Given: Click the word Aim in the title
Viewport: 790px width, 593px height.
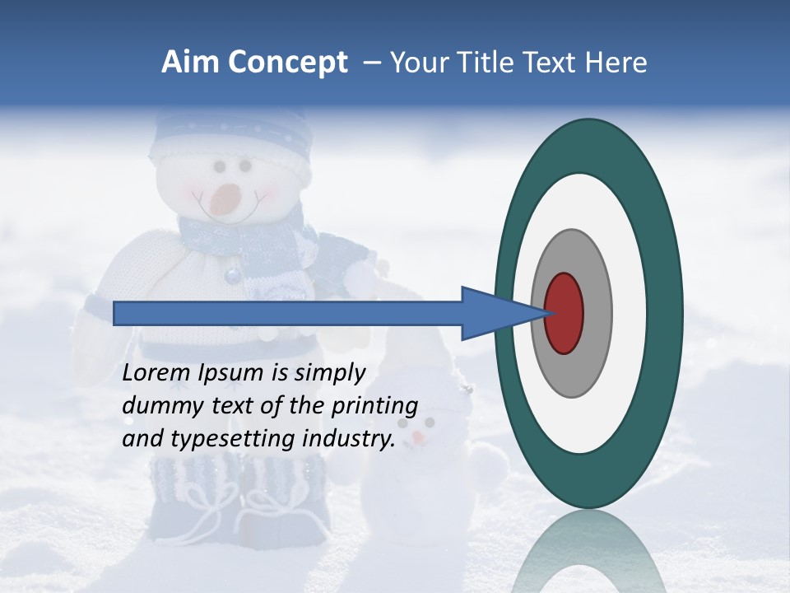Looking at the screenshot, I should click(x=191, y=63).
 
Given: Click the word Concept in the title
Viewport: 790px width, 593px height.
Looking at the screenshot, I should click(x=288, y=63).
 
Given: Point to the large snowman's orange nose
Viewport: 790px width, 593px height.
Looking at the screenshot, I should click(x=225, y=198).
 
